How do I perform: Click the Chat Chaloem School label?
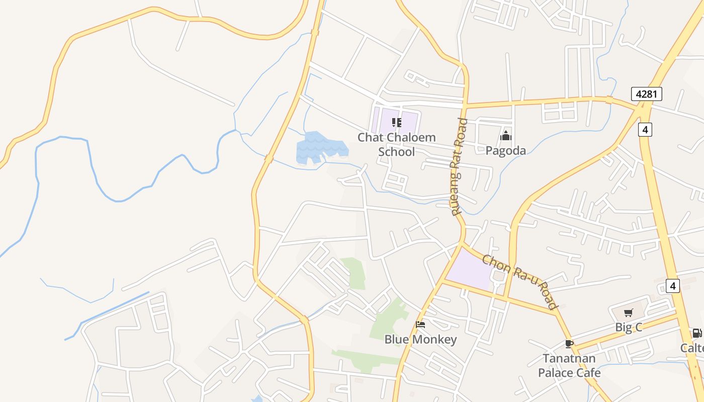(397, 144)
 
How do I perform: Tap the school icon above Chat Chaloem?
(397, 123)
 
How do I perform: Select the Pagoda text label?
(506, 150)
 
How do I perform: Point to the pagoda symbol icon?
(506, 136)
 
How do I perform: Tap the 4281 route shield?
(647, 94)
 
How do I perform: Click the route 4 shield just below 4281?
(645, 130)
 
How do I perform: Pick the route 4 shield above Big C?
(673, 286)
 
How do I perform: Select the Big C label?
(629, 327)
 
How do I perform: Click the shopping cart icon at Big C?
(628, 314)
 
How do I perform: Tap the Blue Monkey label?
(420, 340)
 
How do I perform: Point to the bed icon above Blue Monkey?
(420, 325)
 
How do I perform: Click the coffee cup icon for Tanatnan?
(569, 344)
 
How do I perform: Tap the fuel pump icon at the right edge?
(697, 333)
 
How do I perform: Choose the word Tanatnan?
(569, 358)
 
